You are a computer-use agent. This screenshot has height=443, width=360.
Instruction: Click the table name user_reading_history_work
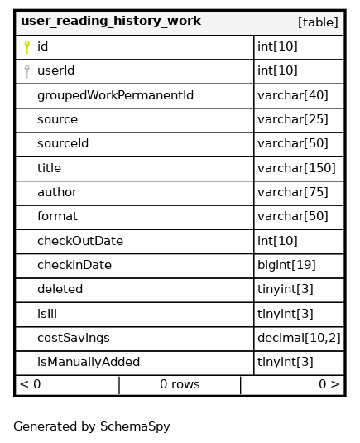click(111, 22)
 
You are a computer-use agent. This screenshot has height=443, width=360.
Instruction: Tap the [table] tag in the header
click(318, 22)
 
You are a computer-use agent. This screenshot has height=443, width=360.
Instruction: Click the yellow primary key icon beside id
click(26, 47)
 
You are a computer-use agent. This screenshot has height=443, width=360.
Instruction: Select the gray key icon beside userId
click(26, 71)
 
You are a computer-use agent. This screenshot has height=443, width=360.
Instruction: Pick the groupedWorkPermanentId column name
click(116, 95)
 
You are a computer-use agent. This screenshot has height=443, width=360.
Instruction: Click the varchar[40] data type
click(293, 95)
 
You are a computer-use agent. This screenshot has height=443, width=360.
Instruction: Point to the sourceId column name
click(63, 143)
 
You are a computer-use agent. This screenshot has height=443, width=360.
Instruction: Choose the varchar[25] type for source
click(293, 119)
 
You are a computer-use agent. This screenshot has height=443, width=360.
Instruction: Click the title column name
click(49, 168)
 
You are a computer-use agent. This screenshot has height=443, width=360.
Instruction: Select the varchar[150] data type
click(296, 168)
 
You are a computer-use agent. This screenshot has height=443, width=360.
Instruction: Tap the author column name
click(57, 192)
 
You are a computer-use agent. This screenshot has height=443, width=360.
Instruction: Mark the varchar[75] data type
click(293, 192)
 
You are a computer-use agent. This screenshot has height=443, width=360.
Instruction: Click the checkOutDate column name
click(80, 241)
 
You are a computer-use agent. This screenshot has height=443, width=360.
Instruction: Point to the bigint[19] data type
click(286, 265)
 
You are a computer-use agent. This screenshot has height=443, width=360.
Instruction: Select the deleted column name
click(60, 289)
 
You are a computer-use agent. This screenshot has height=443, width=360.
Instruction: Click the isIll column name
click(47, 314)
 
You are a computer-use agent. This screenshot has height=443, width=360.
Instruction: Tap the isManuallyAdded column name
click(89, 362)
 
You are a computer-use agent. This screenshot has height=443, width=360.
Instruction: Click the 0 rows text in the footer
click(180, 384)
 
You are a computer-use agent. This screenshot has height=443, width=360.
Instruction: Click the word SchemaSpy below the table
click(135, 427)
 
